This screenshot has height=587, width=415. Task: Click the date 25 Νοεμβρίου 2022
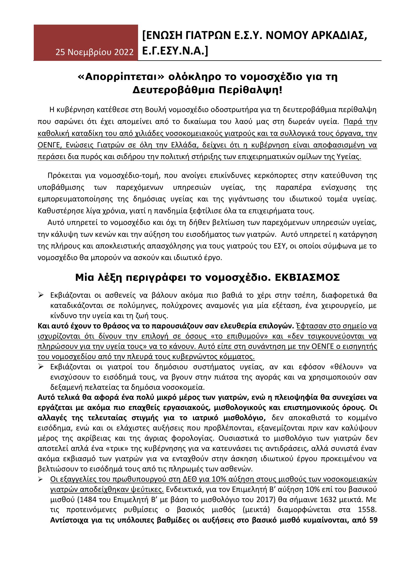coord(95,52)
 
